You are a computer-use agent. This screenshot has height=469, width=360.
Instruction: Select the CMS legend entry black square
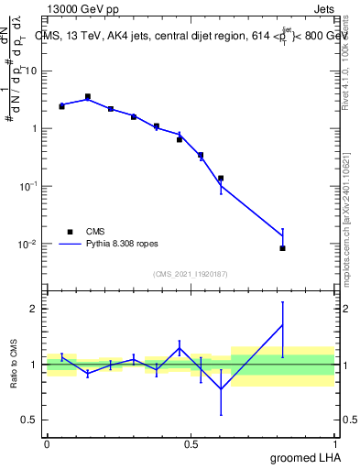(x=69, y=232)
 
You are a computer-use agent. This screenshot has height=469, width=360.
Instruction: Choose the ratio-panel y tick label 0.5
(x=33, y=420)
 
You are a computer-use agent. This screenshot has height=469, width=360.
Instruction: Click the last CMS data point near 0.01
(x=282, y=248)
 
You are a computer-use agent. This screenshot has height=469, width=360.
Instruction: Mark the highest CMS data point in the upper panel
(x=88, y=96)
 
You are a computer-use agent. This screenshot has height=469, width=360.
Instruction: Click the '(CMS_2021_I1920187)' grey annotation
(x=191, y=274)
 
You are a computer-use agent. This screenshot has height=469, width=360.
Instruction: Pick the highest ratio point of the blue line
(x=282, y=325)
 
